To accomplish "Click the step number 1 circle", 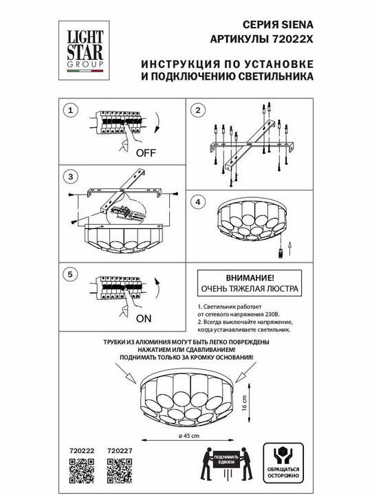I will (x=67, y=110).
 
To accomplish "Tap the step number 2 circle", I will (x=197, y=111).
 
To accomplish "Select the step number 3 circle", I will (x=67, y=177).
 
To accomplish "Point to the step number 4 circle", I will (x=197, y=202).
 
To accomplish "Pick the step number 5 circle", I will (x=67, y=274).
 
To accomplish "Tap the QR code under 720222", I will (x=81, y=471).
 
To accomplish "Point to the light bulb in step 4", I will (x=280, y=253).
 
